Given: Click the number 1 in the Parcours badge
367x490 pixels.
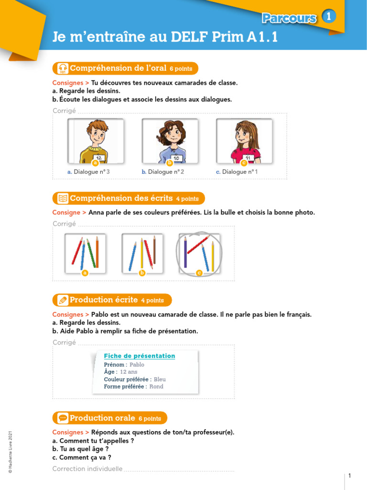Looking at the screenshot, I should [x=328, y=17].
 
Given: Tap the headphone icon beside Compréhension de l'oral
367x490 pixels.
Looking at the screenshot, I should [x=63, y=68].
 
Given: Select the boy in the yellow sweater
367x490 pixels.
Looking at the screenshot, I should [x=96, y=141].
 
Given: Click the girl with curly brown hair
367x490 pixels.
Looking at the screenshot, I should [x=170, y=139].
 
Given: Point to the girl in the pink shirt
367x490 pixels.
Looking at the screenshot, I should [x=245, y=141].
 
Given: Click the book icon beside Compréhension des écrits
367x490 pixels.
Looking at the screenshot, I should [x=63, y=198].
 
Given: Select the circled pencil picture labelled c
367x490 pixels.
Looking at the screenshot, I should [x=199, y=254].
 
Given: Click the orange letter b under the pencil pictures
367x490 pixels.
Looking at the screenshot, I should [x=142, y=273].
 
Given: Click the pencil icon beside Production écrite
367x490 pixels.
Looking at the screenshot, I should [x=63, y=300].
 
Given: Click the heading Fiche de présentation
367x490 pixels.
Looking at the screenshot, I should [x=140, y=356].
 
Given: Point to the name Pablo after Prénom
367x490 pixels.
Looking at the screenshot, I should [x=137, y=365].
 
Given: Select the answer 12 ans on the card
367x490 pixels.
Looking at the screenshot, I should [x=129, y=372].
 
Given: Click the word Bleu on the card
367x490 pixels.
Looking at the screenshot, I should [x=160, y=379].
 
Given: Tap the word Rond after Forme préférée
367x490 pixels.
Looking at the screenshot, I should [x=156, y=387].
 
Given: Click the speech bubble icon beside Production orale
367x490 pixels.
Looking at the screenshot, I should [x=63, y=418].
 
